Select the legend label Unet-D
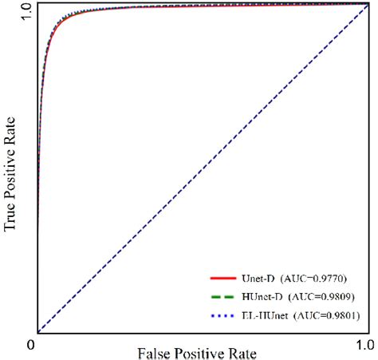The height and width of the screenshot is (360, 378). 257,278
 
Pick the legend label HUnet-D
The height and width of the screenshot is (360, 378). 260,297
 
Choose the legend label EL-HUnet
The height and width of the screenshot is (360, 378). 263,316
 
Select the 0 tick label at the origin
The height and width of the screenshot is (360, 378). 30,345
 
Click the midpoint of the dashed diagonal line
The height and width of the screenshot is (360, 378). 202,168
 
